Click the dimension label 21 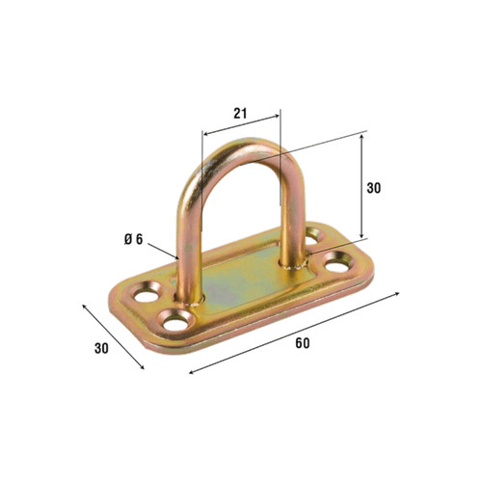[240, 114]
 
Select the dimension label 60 [303, 343]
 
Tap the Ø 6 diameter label [133, 239]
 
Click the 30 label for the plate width [101, 349]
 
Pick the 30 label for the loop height [374, 188]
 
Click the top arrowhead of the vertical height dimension [362, 136]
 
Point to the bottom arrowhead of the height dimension [362, 235]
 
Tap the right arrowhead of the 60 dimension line [397, 294]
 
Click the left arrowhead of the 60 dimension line [192, 372]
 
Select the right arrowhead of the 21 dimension [277, 117]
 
